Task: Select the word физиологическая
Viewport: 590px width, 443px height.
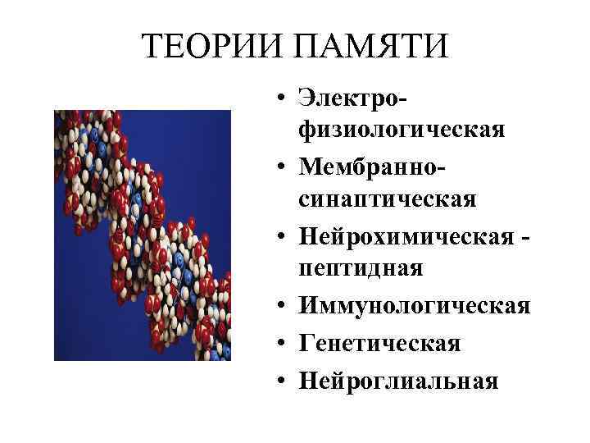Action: pos(402,130)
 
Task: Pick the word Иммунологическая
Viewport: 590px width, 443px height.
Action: pos(415,305)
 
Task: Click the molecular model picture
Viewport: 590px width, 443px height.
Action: pos(143,235)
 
